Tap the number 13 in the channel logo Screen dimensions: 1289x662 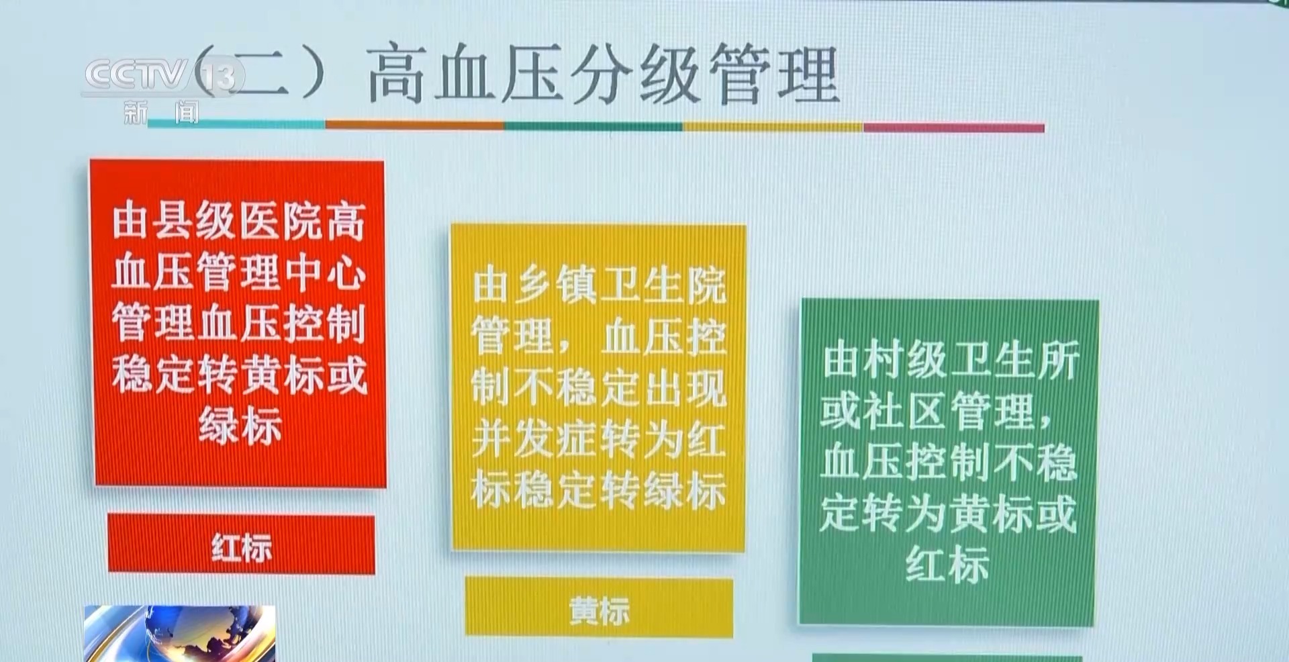pos(219,77)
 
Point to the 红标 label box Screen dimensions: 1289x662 pos(241,545)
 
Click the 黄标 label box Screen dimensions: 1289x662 pos(599,607)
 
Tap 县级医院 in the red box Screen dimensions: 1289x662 pos(238,222)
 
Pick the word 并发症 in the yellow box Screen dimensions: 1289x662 pos(534,440)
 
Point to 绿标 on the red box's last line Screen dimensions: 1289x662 pos(240,426)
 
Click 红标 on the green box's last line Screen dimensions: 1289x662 pos(947,563)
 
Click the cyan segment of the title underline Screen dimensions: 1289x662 pos(236,124)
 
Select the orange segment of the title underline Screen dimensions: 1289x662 pos(415,125)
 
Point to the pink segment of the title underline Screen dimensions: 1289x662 pos(954,128)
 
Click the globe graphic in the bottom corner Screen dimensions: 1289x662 pos(179,633)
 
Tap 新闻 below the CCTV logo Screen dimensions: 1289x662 pos(161,113)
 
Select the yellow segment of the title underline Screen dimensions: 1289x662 pos(773,126)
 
